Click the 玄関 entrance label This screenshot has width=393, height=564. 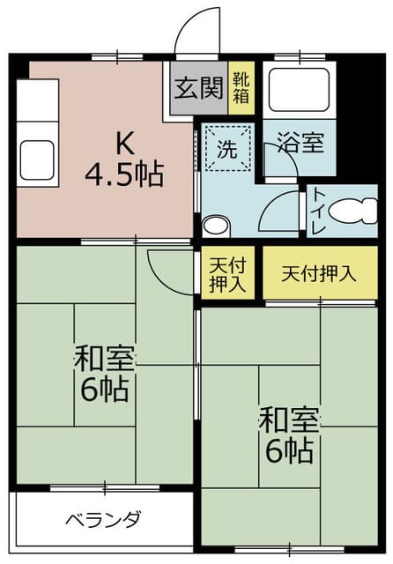[199, 88]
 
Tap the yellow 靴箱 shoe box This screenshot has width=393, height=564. [241, 88]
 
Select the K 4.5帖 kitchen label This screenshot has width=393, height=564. [124, 159]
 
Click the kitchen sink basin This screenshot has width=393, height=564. [37, 160]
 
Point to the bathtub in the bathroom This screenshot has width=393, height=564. [299, 90]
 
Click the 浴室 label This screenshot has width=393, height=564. [301, 143]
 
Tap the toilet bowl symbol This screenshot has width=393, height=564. [353, 211]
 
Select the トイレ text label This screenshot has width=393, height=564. [318, 211]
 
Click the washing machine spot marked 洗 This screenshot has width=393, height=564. [227, 147]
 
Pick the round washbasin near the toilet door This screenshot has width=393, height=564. [216, 226]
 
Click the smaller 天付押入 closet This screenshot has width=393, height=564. [227, 272]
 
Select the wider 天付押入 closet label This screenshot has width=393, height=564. [319, 274]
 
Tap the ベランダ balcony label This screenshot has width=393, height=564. [104, 519]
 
